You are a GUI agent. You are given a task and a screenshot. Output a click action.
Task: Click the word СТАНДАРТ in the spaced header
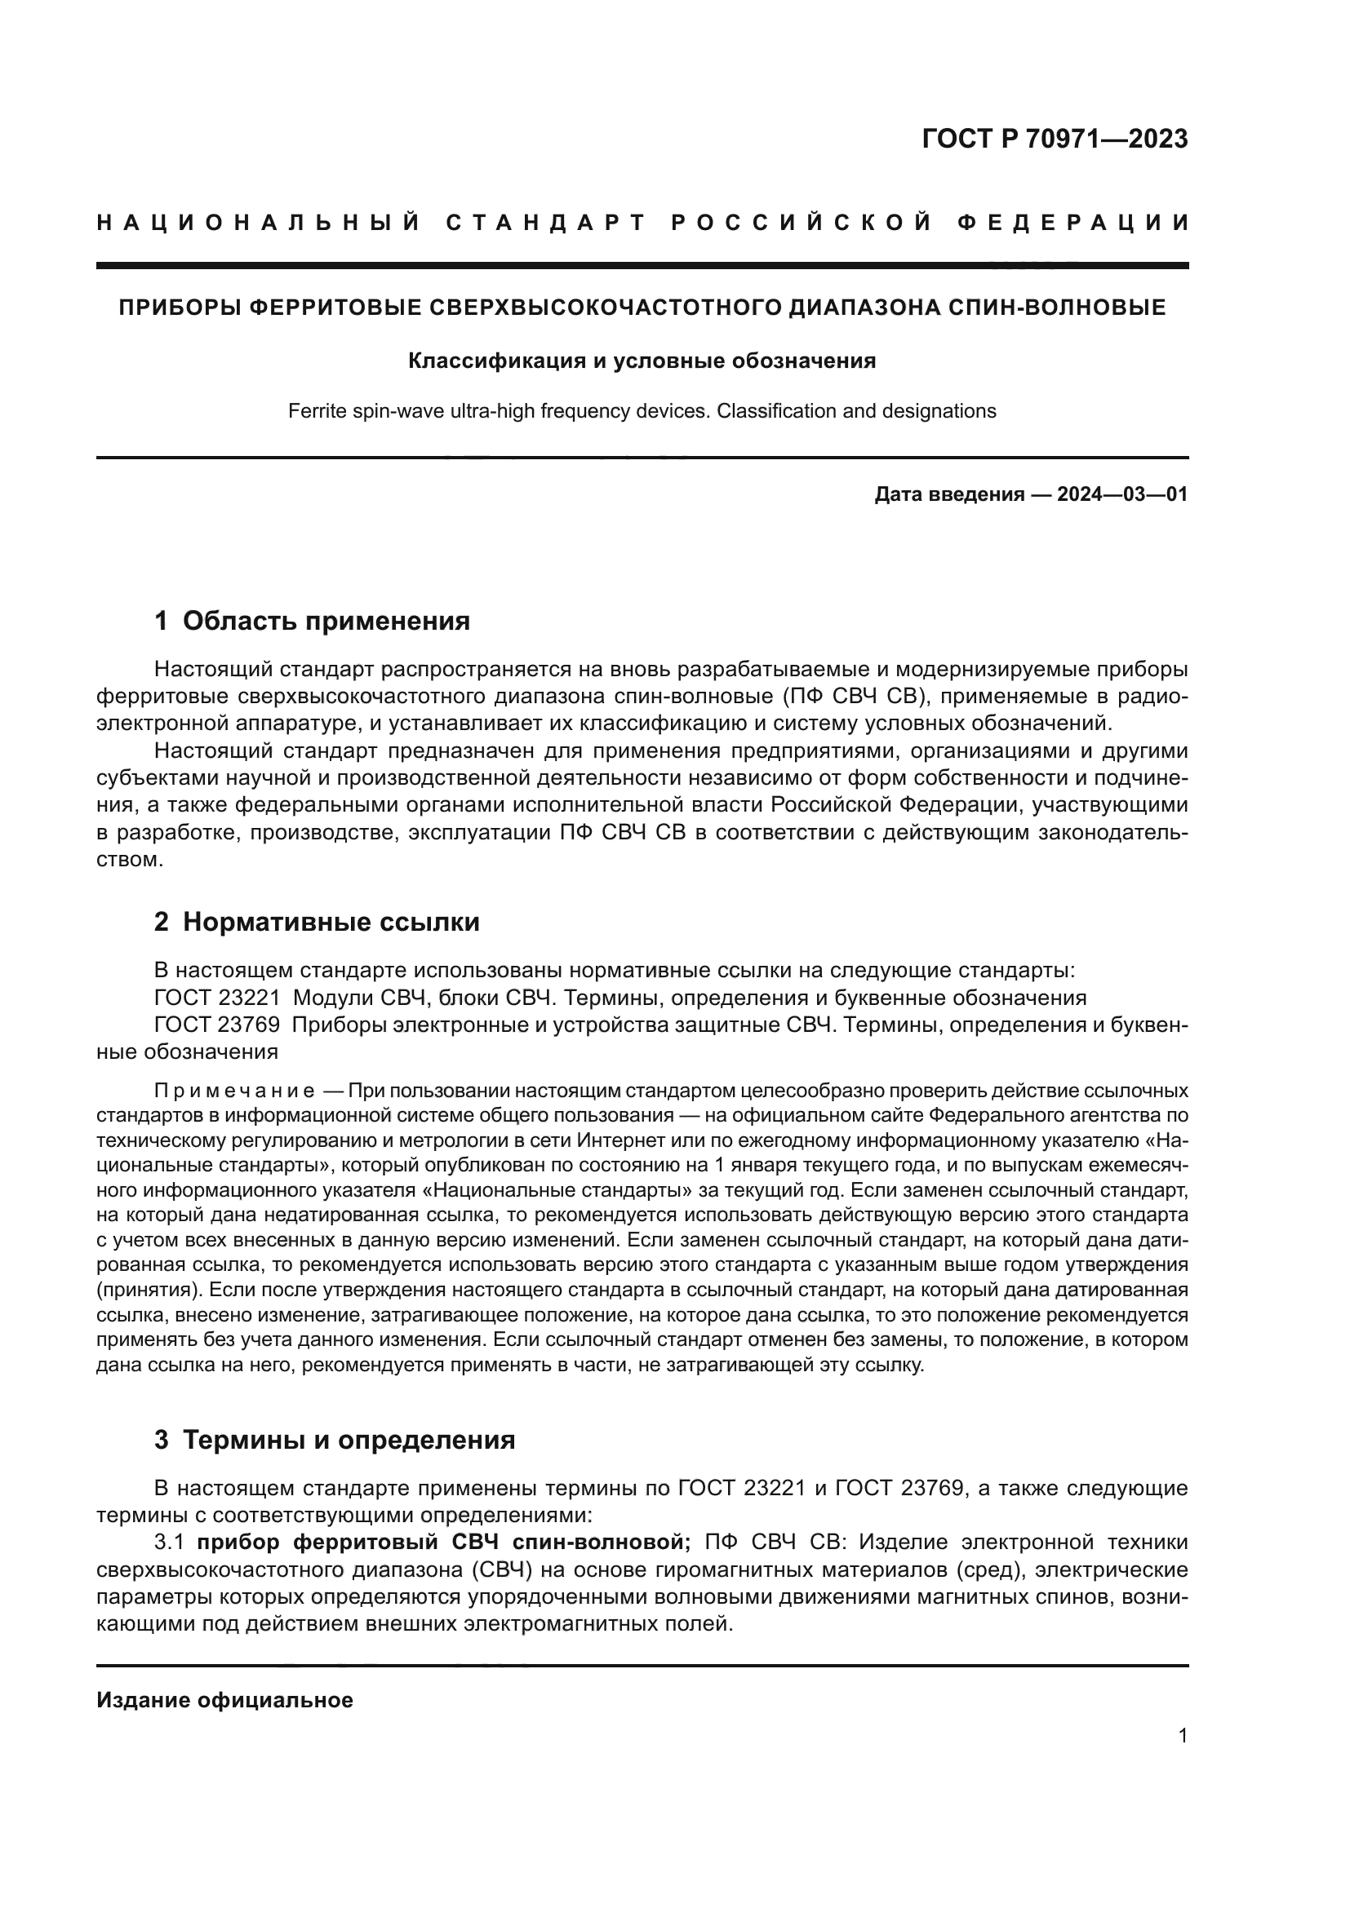pyautogui.click(x=546, y=223)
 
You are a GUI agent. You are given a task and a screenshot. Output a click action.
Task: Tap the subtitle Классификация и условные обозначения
pyautogui.click(x=642, y=361)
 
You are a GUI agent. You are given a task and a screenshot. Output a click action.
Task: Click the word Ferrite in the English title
pyautogui.click(x=315, y=410)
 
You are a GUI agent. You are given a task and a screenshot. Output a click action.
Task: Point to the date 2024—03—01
pyautogui.click(x=1121, y=494)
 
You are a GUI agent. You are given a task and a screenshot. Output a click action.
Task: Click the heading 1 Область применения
pyautogui.click(x=312, y=621)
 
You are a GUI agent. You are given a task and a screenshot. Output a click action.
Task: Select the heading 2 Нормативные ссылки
pyautogui.click(x=317, y=922)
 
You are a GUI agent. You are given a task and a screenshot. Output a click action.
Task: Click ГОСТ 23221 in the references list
pyautogui.click(x=217, y=997)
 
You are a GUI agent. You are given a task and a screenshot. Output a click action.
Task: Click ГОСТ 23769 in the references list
pyautogui.click(x=217, y=1025)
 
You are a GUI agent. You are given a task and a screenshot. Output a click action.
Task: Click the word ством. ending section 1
pyautogui.click(x=130, y=859)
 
